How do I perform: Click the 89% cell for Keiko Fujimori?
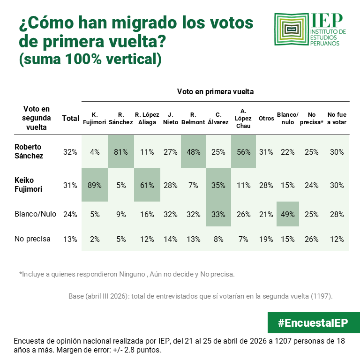(x=95, y=185)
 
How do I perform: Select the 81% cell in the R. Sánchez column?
(x=120, y=152)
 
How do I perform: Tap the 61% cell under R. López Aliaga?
(x=147, y=185)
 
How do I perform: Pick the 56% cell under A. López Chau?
(x=243, y=152)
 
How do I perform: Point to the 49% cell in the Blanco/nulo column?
(x=287, y=214)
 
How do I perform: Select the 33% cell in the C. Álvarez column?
(x=218, y=214)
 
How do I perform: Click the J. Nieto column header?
(x=170, y=119)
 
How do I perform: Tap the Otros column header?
(x=266, y=119)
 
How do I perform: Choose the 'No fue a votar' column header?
(x=337, y=119)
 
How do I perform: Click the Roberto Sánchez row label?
(x=29, y=151)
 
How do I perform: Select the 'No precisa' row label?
(x=32, y=239)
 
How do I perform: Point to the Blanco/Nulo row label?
(x=35, y=214)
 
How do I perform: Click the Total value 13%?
(x=70, y=239)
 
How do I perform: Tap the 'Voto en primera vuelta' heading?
(x=215, y=92)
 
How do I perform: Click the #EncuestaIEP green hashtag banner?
(x=307, y=323)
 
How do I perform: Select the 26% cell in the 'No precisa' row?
(x=312, y=239)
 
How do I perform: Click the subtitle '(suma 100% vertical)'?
(x=90, y=60)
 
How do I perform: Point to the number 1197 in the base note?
(x=322, y=296)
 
